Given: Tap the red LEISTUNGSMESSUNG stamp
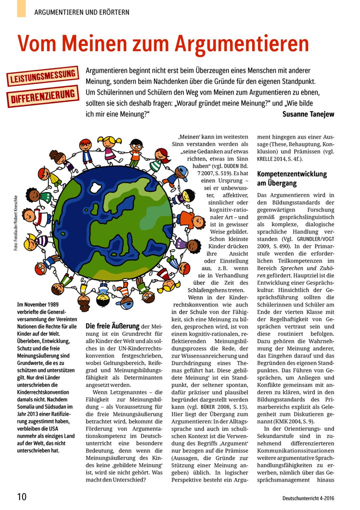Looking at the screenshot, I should pos(42,76).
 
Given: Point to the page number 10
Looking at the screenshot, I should pos(21,497).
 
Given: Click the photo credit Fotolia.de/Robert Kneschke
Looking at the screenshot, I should pos(16,220).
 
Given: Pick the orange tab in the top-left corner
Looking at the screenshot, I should pos(20,8).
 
